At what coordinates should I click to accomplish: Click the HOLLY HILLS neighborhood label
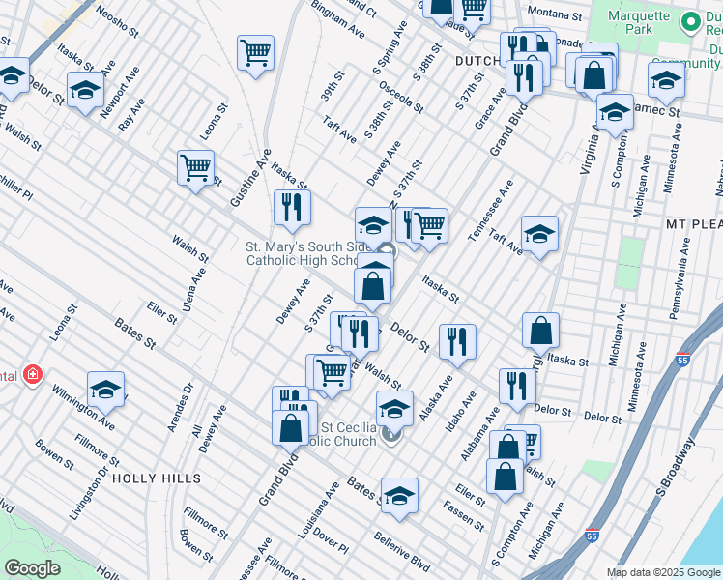tap(157, 478)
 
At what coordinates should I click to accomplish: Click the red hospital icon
tap(33, 373)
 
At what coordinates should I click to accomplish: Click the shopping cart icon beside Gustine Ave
tap(195, 168)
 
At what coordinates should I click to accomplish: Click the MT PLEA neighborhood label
tap(693, 223)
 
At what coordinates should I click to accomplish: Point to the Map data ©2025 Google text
tap(662, 572)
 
